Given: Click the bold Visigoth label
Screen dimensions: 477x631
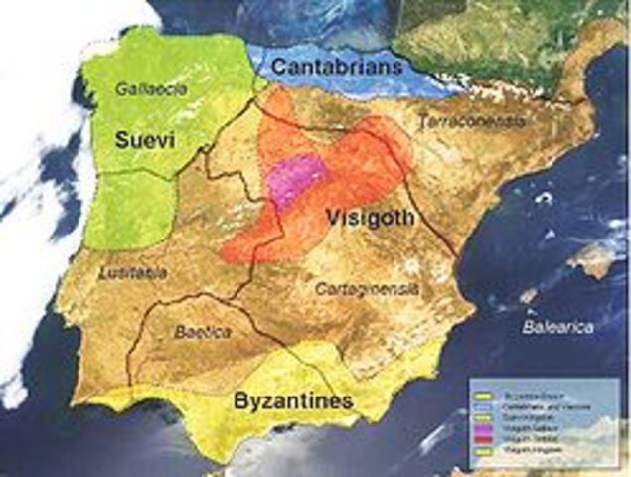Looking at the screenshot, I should click(369, 217).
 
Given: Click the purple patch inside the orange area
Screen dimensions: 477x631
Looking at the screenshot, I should click(297, 178).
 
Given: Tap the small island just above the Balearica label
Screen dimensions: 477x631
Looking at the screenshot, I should click(529, 295).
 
